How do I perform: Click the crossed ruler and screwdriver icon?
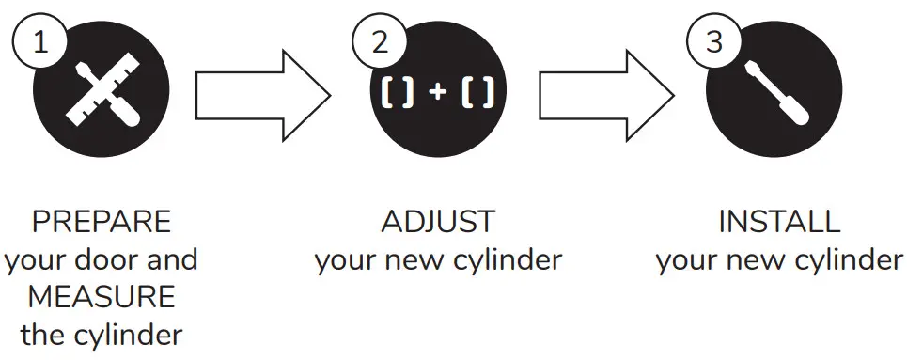(102, 96)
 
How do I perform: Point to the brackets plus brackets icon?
(438, 95)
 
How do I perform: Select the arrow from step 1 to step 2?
(262, 95)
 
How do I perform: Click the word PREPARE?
(102, 223)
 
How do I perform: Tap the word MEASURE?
(102, 297)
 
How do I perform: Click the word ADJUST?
(438, 223)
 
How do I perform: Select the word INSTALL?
(778, 223)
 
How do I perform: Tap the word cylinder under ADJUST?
(508, 260)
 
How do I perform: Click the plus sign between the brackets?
(438, 95)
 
